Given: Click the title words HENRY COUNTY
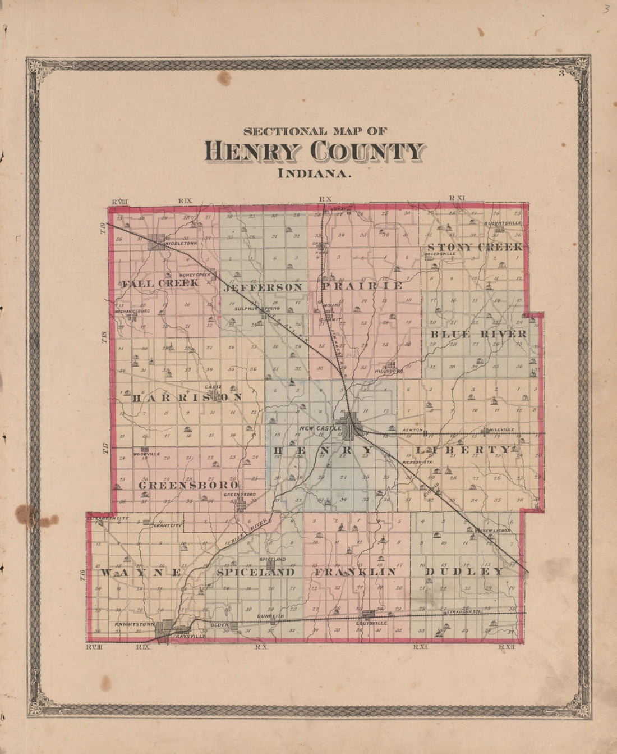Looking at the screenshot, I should pyautogui.click(x=315, y=152).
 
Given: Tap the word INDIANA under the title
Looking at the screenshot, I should pyautogui.click(x=315, y=173).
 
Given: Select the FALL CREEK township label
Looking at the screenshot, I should pyautogui.click(x=160, y=283).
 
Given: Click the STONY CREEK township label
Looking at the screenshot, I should pyautogui.click(x=475, y=247).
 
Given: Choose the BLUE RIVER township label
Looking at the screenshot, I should pyautogui.click(x=478, y=334).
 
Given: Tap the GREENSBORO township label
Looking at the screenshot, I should pyautogui.click(x=188, y=485).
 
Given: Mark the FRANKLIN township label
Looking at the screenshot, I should pyautogui.click(x=355, y=572).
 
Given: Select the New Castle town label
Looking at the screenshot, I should pyautogui.click(x=320, y=428).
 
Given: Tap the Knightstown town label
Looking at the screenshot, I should pyautogui.click(x=135, y=624).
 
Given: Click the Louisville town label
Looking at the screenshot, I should pyautogui.click(x=371, y=623).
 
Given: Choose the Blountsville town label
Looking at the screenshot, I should pyautogui.click(x=503, y=223).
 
